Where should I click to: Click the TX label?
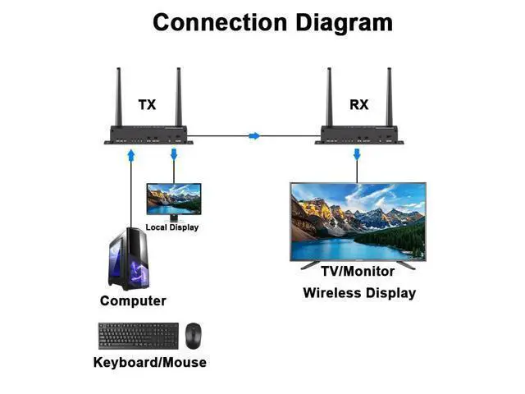coord(148,104)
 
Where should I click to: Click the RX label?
coord(359,104)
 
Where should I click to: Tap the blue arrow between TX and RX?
coord(254,135)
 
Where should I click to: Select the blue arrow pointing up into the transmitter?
coord(131,155)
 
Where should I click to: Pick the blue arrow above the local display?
coord(174,154)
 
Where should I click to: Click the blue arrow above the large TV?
coord(357,154)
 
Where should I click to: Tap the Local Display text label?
coord(172,227)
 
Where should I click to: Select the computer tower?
coord(129,259)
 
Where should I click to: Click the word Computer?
coord(133,300)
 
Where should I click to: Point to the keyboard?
coord(139,336)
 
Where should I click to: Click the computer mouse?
coord(194,336)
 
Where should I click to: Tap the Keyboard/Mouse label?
coord(149,362)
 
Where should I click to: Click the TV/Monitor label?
coord(358,272)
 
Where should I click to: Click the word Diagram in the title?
coord(344,23)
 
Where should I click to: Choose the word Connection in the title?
coord(220,22)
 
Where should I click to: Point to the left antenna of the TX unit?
coord(118,97)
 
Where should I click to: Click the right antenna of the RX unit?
coord(389,97)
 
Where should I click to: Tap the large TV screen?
coord(358,222)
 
